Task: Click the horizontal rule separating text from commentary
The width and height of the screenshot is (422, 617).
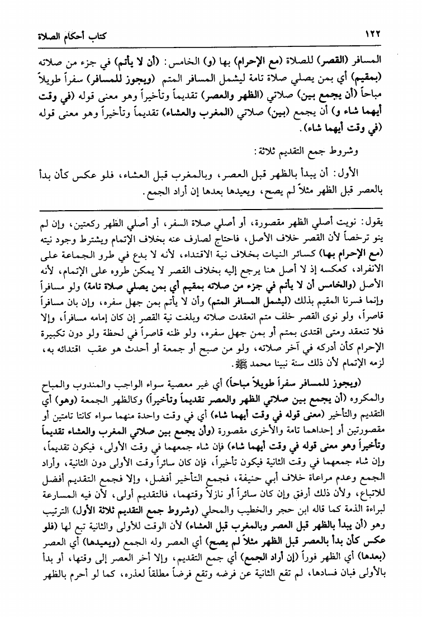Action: pos(211,208)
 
